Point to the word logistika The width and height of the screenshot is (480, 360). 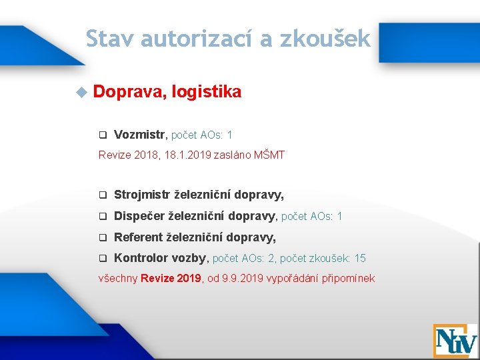click(x=207, y=92)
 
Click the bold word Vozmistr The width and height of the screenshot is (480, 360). click(x=139, y=135)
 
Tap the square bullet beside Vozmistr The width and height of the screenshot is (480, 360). click(x=103, y=135)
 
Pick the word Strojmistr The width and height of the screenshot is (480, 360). click(x=142, y=195)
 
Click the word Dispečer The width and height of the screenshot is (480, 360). click(x=139, y=216)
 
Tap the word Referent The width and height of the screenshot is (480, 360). click(x=138, y=237)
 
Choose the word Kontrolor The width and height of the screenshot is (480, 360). click(x=141, y=258)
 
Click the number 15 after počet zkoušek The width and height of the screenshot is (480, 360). click(x=360, y=258)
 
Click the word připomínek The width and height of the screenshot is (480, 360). click(x=347, y=277)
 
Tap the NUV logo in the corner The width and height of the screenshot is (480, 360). click(x=455, y=340)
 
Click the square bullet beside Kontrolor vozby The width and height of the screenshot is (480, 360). click(x=103, y=259)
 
